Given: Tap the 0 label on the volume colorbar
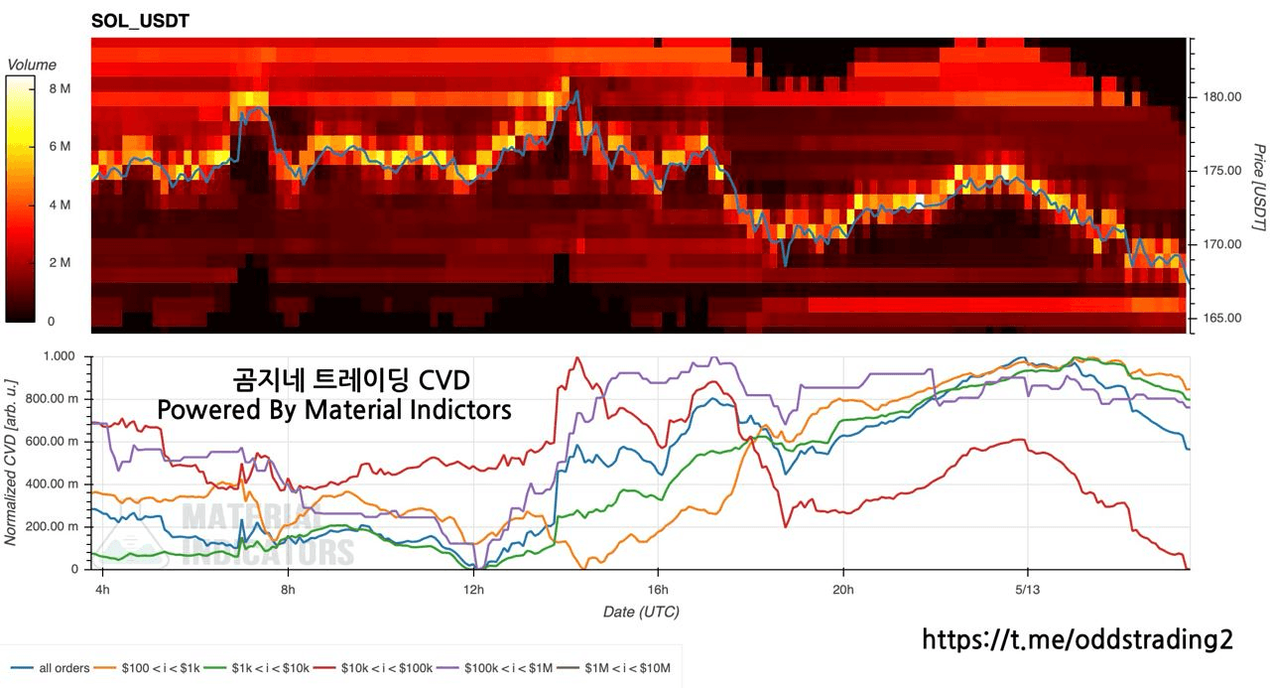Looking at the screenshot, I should [51, 322].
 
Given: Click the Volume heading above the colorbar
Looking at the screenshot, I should [32, 65].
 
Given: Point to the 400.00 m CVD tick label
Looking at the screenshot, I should [52, 483].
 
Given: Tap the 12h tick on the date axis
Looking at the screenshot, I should [473, 588].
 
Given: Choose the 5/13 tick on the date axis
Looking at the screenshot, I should [1027, 588].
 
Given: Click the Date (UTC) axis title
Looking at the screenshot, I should [641, 612].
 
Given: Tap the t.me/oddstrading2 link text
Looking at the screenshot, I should [1078, 640].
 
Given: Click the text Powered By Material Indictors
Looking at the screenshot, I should [334, 409].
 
